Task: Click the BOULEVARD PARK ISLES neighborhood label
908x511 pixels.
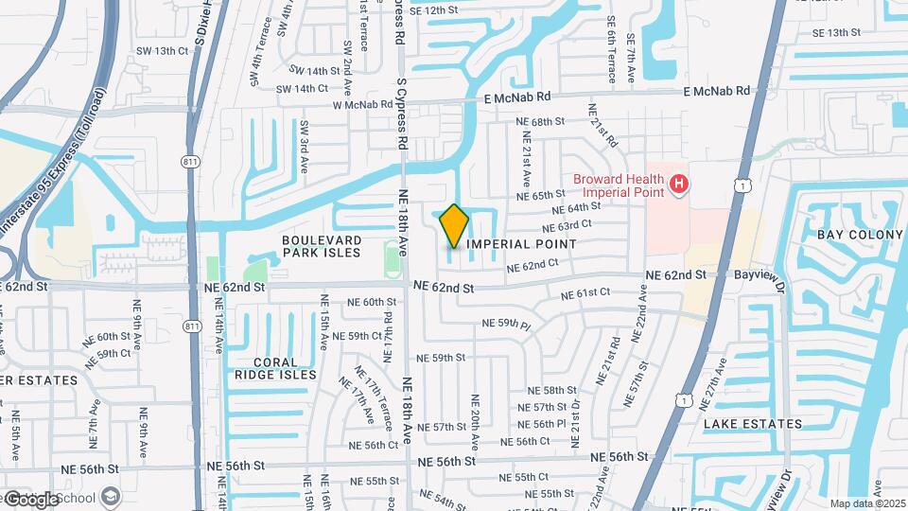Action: coord(322,246)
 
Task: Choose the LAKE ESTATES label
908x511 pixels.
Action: coord(753,424)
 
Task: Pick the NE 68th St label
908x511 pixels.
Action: coord(539,122)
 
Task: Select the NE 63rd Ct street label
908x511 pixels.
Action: coord(567,226)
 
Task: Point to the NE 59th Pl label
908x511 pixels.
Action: coord(507,324)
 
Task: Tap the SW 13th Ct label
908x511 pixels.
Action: coord(163,51)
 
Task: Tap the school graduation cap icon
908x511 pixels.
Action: coord(111,497)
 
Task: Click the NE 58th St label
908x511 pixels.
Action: coord(552,390)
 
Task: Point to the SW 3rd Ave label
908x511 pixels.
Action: coord(305,147)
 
